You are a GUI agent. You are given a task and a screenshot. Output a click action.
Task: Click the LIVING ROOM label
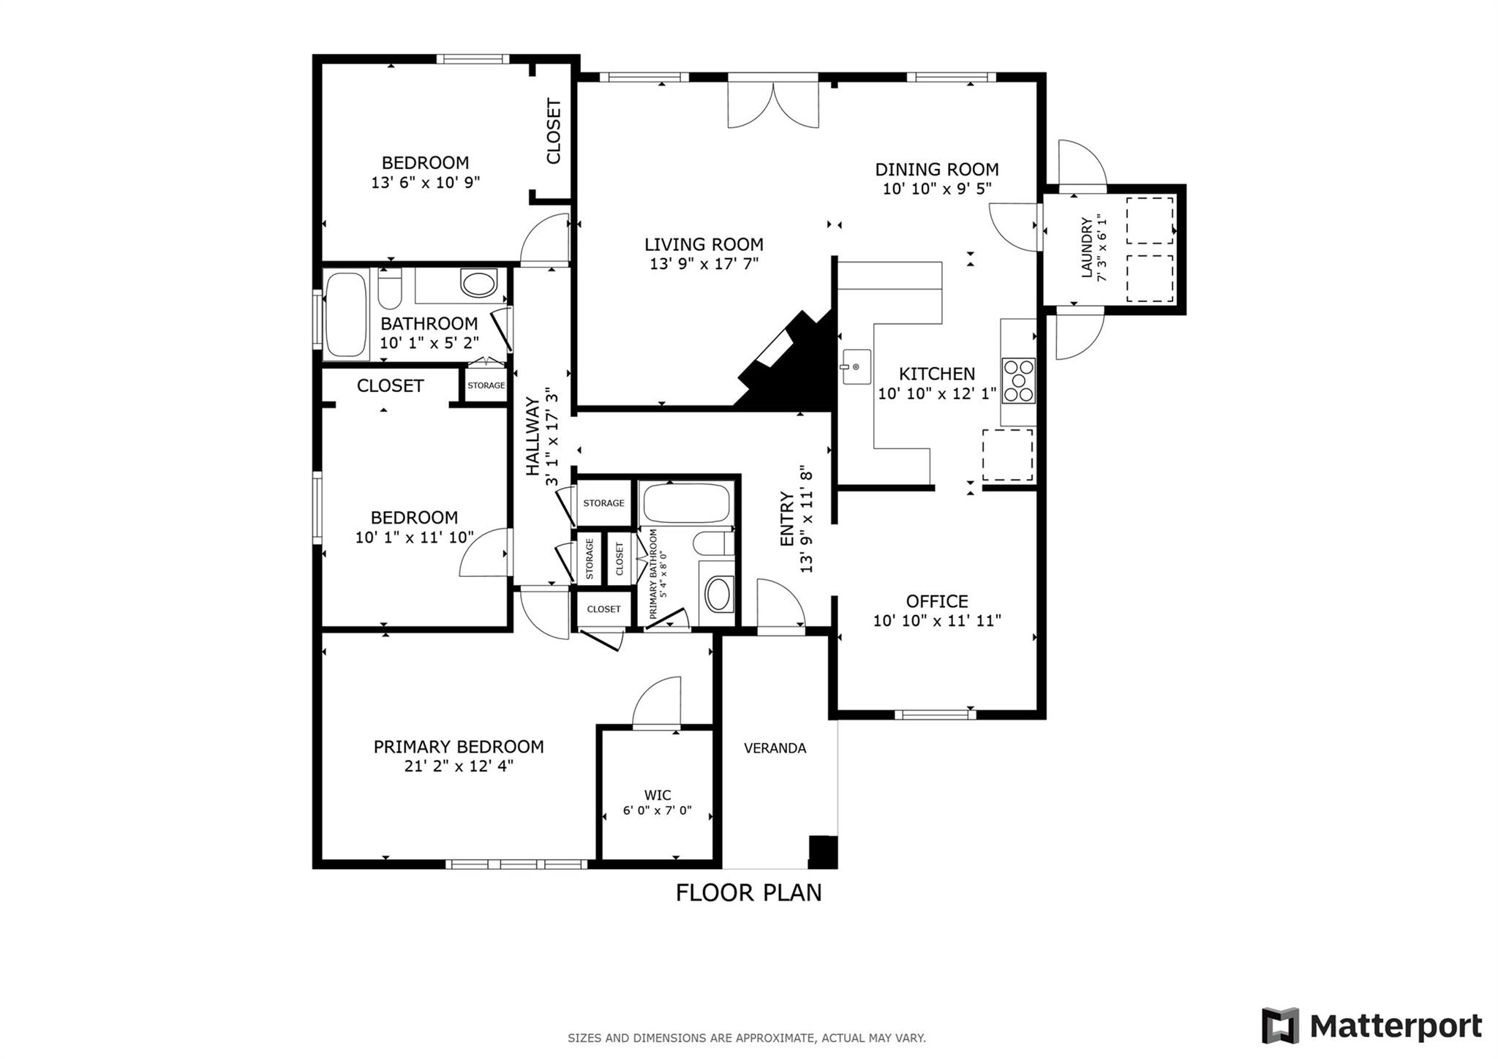tap(704, 244)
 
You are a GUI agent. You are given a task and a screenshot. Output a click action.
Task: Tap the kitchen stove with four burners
tap(1018, 380)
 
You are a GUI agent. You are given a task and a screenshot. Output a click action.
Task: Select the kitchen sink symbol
tap(856, 366)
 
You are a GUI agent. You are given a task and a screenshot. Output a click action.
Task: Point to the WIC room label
tap(657, 795)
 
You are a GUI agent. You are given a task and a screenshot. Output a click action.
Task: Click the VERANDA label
tap(775, 748)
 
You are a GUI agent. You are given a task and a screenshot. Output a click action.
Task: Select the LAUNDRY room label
tap(1086, 247)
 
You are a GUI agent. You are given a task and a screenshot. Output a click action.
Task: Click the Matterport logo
tap(1371, 1026)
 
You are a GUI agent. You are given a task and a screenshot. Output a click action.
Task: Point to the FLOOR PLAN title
tap(748, 893)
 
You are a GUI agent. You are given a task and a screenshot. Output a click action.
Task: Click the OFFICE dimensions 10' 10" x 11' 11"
tap(936, 621)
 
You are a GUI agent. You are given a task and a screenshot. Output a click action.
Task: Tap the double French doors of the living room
tap(772, 102)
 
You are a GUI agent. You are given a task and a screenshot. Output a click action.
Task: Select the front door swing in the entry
tap(780, 604)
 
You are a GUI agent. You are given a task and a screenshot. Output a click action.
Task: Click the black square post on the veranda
tap(822, 851)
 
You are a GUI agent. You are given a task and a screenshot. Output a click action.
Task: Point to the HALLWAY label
tap(532, 436)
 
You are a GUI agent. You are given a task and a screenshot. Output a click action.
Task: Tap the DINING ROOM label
tap(936, 170)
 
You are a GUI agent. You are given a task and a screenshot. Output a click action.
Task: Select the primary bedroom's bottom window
tap(516, 864)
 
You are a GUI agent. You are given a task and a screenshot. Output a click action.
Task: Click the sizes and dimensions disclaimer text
tap(746, 1038)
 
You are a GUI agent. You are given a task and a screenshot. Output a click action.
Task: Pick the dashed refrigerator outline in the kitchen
tap(1007, 455)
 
